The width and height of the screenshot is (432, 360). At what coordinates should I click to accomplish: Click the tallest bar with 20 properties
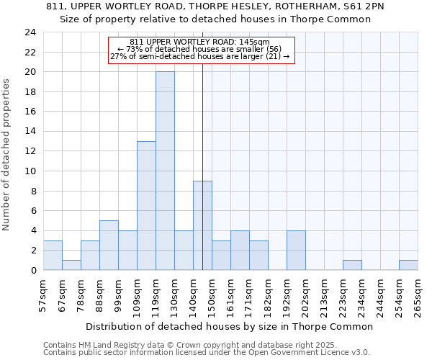click(165, 171)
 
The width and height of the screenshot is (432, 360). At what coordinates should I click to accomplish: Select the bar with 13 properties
click(146, 205)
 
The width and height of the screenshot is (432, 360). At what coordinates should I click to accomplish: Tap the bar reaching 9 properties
click(202, 225)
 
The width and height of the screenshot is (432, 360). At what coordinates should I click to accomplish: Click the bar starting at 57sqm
click(53, 255)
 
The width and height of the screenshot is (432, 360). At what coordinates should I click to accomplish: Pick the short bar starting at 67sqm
click(71, 265)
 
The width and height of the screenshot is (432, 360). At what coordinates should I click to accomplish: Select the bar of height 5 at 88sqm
click(109, 245)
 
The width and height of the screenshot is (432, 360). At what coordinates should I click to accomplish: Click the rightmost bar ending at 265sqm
click(408, 265)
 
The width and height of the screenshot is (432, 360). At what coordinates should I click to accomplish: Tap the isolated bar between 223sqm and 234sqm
click(352, 265)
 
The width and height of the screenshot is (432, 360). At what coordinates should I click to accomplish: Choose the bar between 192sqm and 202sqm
click(296, 250)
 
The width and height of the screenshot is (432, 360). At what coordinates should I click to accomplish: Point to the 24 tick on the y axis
click(30, 32)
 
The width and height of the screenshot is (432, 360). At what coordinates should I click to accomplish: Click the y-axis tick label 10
click(30, 171)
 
